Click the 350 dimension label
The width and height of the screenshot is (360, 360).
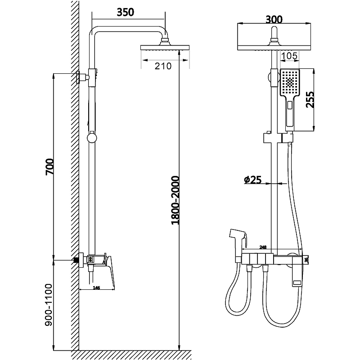tap(126, 12)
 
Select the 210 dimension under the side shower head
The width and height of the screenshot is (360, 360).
tap(163, 66)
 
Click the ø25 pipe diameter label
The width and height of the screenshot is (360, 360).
tap(253, 180)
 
